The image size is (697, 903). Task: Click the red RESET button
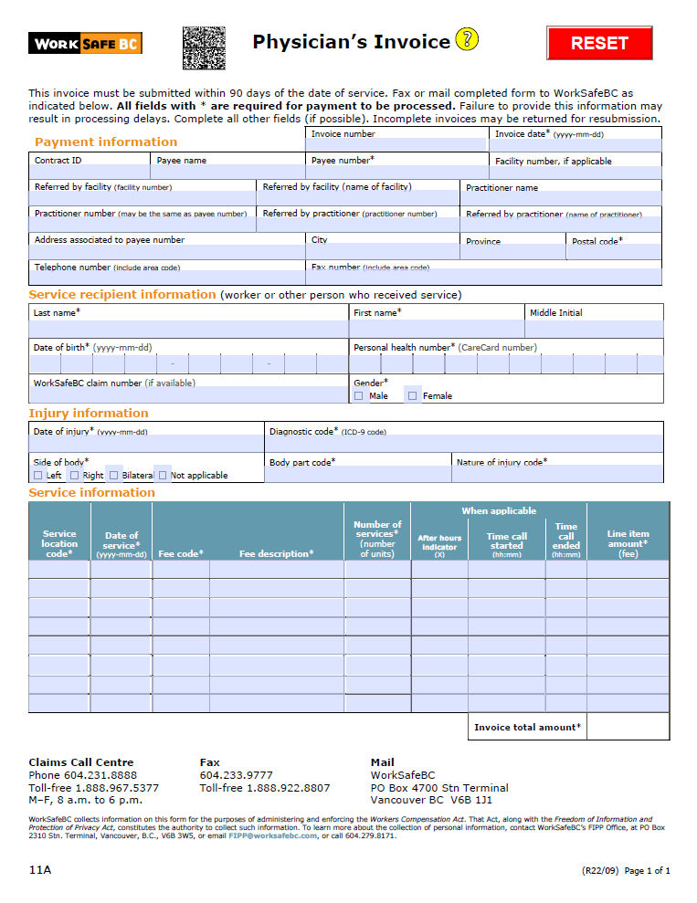pos(599,43)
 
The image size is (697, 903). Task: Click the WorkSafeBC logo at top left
pos(85,43)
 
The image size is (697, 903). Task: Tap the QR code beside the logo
pos(204,48)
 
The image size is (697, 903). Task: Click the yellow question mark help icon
pos(466,40)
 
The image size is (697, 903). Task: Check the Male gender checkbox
pos(359,396)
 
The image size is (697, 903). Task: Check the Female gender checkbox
pos(413,396)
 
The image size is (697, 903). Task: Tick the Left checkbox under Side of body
pos(38,475)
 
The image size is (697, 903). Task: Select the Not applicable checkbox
pos(163,475)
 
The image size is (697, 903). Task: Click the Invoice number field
pos(396,145)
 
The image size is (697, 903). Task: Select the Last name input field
pos(188,329)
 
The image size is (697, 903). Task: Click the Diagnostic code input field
pos(464,444)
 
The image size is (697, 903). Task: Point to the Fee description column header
pos(276,553)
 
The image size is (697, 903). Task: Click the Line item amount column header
pos(628,543)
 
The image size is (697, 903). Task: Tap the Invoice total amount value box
pos(628,727)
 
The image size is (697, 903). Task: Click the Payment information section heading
pos(106,142)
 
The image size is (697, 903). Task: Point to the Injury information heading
pos(89,414)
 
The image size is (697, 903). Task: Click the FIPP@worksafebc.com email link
pos(272,835)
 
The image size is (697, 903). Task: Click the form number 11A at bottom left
pos(40,870)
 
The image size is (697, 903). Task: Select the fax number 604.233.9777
pos(236,775)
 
